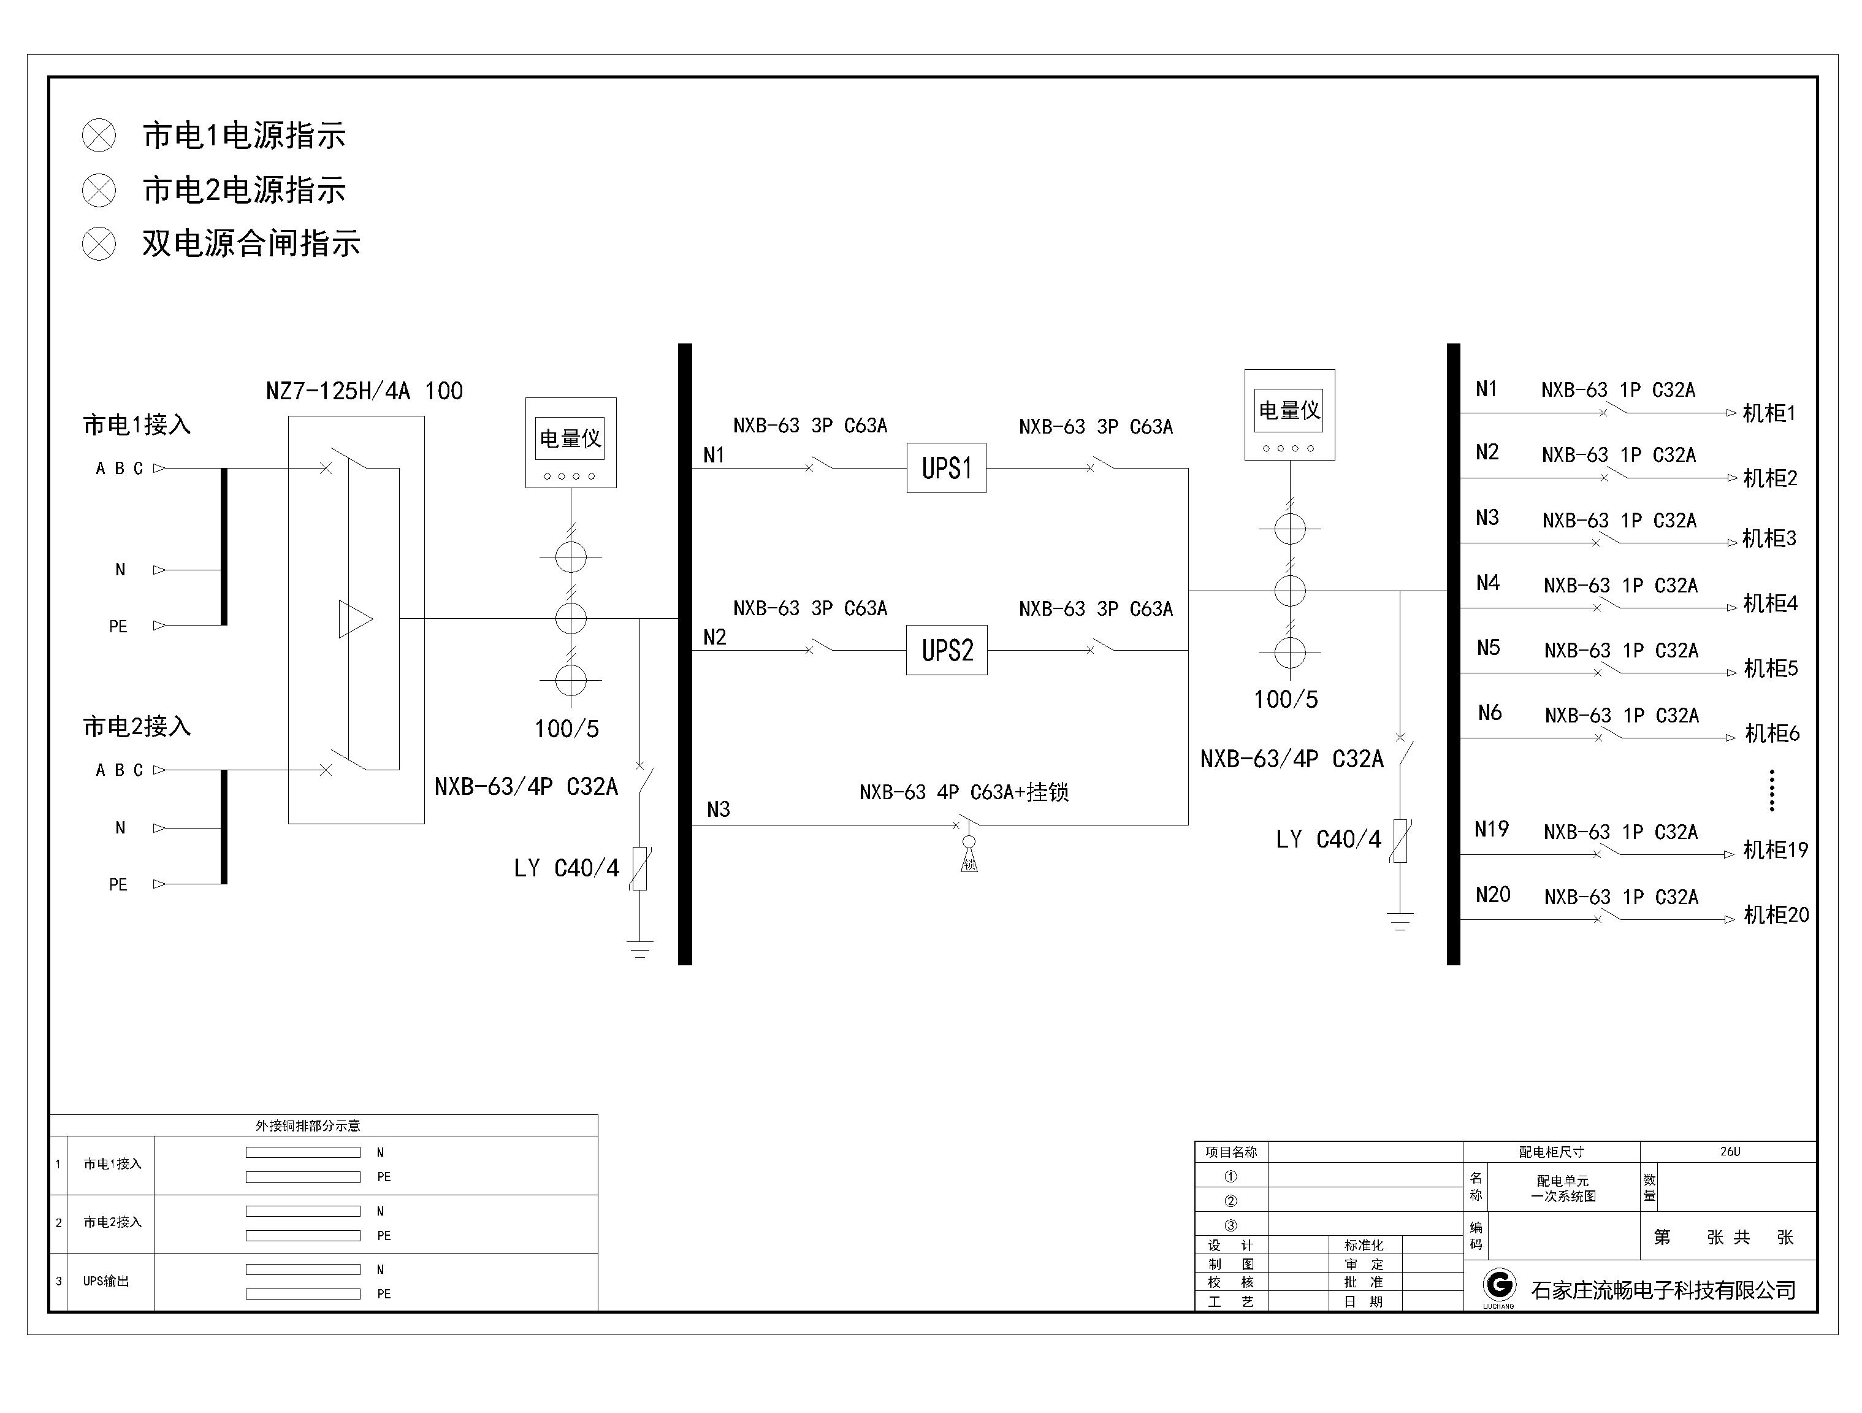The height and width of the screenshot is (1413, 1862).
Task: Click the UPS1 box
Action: point(946,468)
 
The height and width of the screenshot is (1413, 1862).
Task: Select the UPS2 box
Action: point(946,650)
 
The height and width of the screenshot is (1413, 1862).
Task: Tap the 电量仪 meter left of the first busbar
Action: point(571,442)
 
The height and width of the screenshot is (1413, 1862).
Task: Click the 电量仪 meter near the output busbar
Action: point(1289,415)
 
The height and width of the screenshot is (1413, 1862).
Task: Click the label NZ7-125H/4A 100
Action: point(364,391)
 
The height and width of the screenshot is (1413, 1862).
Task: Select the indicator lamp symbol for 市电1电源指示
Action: point(99,136)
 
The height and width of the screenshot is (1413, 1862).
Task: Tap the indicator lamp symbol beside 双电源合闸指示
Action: point(99,244)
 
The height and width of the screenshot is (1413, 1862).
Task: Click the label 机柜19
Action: point(1774,851)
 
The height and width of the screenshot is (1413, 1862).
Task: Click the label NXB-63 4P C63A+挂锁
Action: point(964,792)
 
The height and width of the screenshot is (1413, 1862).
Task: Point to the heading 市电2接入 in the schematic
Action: point(136,726)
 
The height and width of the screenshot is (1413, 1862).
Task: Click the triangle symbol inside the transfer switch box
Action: point(354,619)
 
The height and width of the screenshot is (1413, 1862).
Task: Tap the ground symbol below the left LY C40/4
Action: point(639,949)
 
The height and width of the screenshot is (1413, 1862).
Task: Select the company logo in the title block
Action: point(1498,1286)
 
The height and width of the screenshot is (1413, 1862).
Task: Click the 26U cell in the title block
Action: point(1729,1152)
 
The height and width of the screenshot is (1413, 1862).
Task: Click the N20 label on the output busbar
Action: point(1492,895)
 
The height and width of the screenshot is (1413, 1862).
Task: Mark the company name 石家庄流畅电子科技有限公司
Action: point(1663,1290)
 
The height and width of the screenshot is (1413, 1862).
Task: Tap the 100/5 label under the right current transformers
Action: point(1286,700)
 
